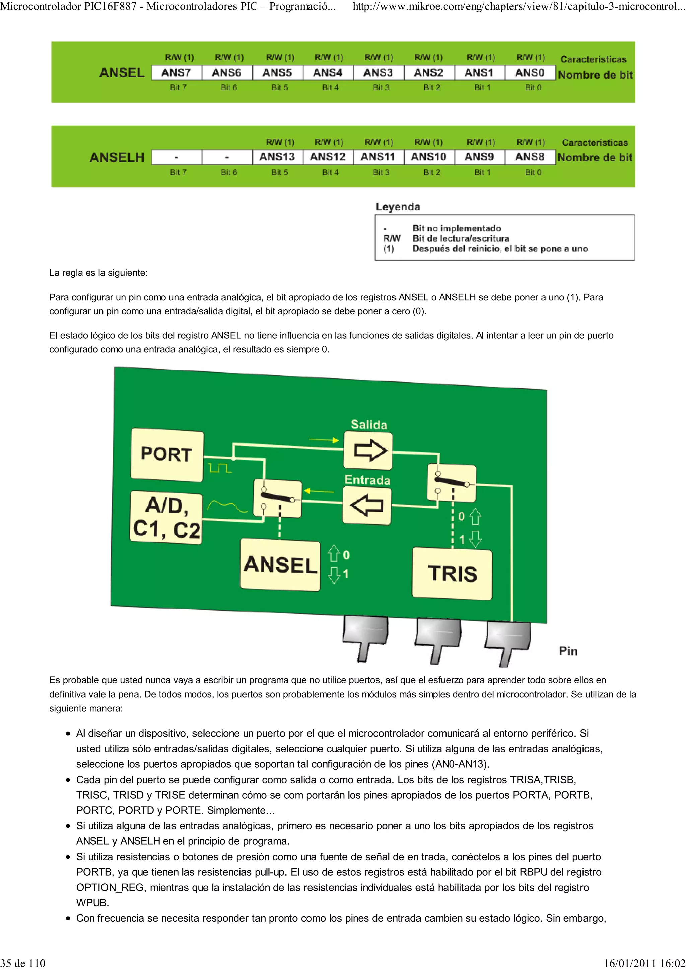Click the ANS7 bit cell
[176, 73]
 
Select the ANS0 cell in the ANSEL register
[530, 73]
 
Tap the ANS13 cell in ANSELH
[277, 157]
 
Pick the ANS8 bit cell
[530, 157]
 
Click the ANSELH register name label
[117, 158]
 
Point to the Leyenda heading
[398, 207]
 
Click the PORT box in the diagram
[167, 454]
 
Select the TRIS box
[452, 574]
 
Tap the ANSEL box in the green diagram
[280, 565]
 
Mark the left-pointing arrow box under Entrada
[366, 505]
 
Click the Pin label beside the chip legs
[568, 651]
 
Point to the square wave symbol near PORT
[220, 468]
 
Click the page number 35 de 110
[23, 963]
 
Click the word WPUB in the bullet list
[92, 903]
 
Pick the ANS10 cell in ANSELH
[429, 157]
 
